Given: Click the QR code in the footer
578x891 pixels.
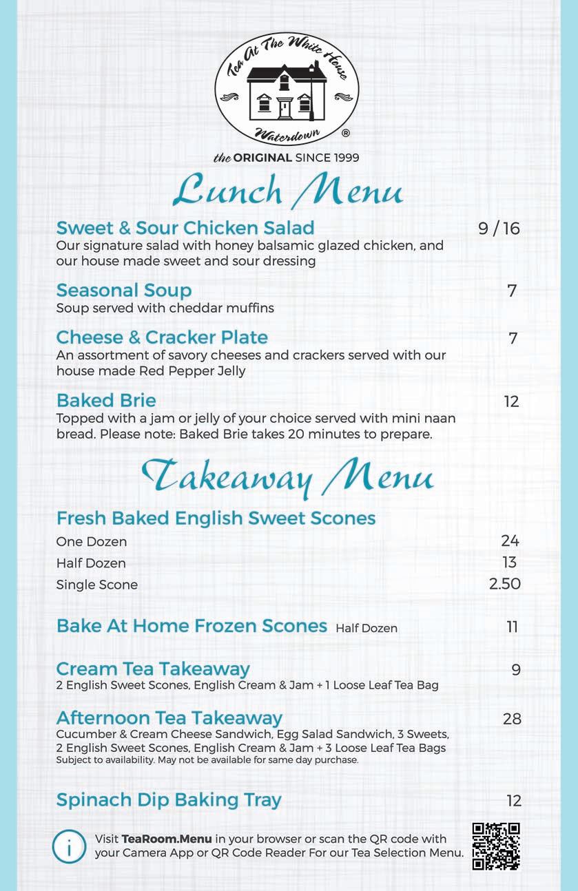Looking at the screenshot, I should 496,846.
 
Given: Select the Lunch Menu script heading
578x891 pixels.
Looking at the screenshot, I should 287,190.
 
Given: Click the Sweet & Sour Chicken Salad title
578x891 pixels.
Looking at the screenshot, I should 185,228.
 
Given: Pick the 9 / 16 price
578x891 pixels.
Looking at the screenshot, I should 499,229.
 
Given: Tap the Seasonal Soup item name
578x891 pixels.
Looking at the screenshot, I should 124,291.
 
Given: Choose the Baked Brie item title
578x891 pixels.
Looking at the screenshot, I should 106,401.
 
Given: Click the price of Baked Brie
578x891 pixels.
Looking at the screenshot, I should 511,401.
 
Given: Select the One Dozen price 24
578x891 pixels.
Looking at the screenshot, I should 510,541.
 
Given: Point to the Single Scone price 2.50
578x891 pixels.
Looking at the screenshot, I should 504,585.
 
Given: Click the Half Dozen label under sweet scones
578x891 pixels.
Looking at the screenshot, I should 91,563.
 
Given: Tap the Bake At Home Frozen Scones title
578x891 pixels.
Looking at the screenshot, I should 192,626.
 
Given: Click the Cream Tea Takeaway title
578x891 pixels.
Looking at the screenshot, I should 153,669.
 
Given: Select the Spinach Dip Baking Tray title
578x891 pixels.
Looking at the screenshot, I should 169,800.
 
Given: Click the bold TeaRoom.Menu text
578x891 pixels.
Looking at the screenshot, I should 167,839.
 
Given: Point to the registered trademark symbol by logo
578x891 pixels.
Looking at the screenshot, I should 345,132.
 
